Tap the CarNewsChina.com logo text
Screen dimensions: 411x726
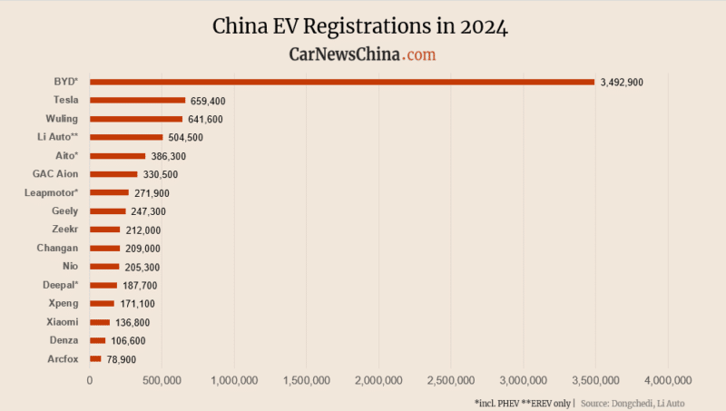(x=362, y=54)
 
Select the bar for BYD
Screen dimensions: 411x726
(x=342, y=82)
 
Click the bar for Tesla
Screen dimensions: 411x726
(x=137, y=100)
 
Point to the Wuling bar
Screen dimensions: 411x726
(x=136, y=119)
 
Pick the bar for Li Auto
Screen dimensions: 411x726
(x=126, y=137)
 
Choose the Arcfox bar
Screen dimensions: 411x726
(x=95, y=358)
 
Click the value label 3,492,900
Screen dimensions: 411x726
(x=622, y=83)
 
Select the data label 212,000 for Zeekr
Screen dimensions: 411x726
(x=143, y=230)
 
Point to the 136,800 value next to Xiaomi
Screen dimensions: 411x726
(x=132, y=322)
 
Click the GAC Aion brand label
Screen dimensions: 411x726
(x=55, y=174)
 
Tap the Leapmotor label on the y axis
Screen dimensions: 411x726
(x=52, y=192)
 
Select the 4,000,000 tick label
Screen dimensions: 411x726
(x=668, y=379)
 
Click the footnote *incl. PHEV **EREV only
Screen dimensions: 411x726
(x=522, y=402)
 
